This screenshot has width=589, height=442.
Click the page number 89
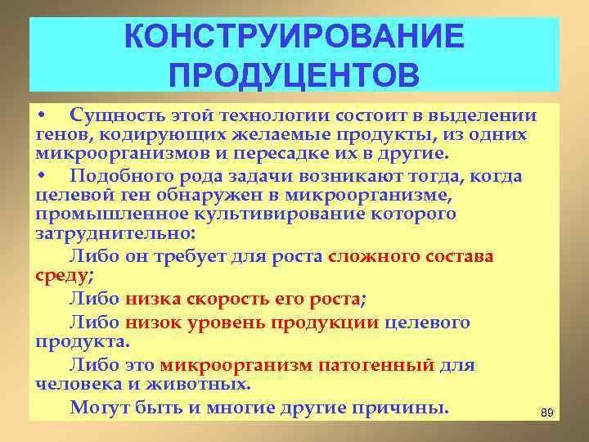point(547,413)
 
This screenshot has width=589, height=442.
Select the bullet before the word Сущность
point(41,115)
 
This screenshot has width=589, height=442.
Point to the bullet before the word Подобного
point(41,176)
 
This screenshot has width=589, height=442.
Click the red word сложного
point(370,255)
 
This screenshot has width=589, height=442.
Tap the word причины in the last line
point(402,407)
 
